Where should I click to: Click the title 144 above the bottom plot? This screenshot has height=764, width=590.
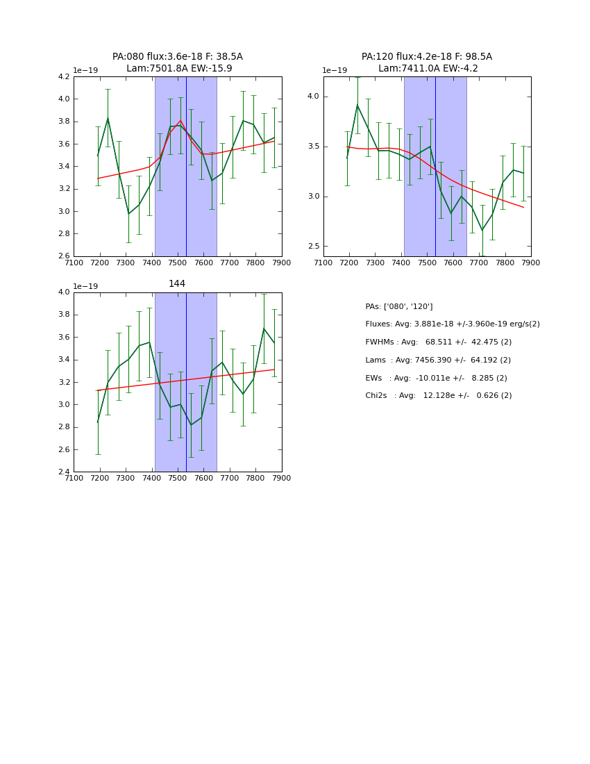(x=177, y=283)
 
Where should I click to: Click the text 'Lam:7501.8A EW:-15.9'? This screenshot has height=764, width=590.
(x=179, y=68)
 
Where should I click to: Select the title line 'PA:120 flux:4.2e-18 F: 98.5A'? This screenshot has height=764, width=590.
(x=426, y=57)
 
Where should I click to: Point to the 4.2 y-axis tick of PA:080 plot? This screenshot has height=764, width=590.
(x=63, y=76)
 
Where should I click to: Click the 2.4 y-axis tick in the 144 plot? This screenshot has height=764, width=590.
(x=63, y=472)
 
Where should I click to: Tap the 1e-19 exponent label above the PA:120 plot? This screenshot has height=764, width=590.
(x=335, y=70)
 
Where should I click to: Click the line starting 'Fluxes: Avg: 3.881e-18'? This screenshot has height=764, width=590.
(x=452, y=324)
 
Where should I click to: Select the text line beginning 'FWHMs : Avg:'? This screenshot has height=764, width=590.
(x=438, y=342)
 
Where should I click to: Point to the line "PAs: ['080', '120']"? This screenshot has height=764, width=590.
(x=398, y=306)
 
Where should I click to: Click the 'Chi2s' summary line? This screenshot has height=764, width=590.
(x=438, y=396)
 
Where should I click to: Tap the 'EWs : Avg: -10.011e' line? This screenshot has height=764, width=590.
(x=436, y=378)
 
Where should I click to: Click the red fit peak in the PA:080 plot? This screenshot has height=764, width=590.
(x=180, y=120)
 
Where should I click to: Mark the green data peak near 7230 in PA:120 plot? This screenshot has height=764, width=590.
(x=357, y=105)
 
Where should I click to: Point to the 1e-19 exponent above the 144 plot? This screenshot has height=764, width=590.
(x=85, y=286)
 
